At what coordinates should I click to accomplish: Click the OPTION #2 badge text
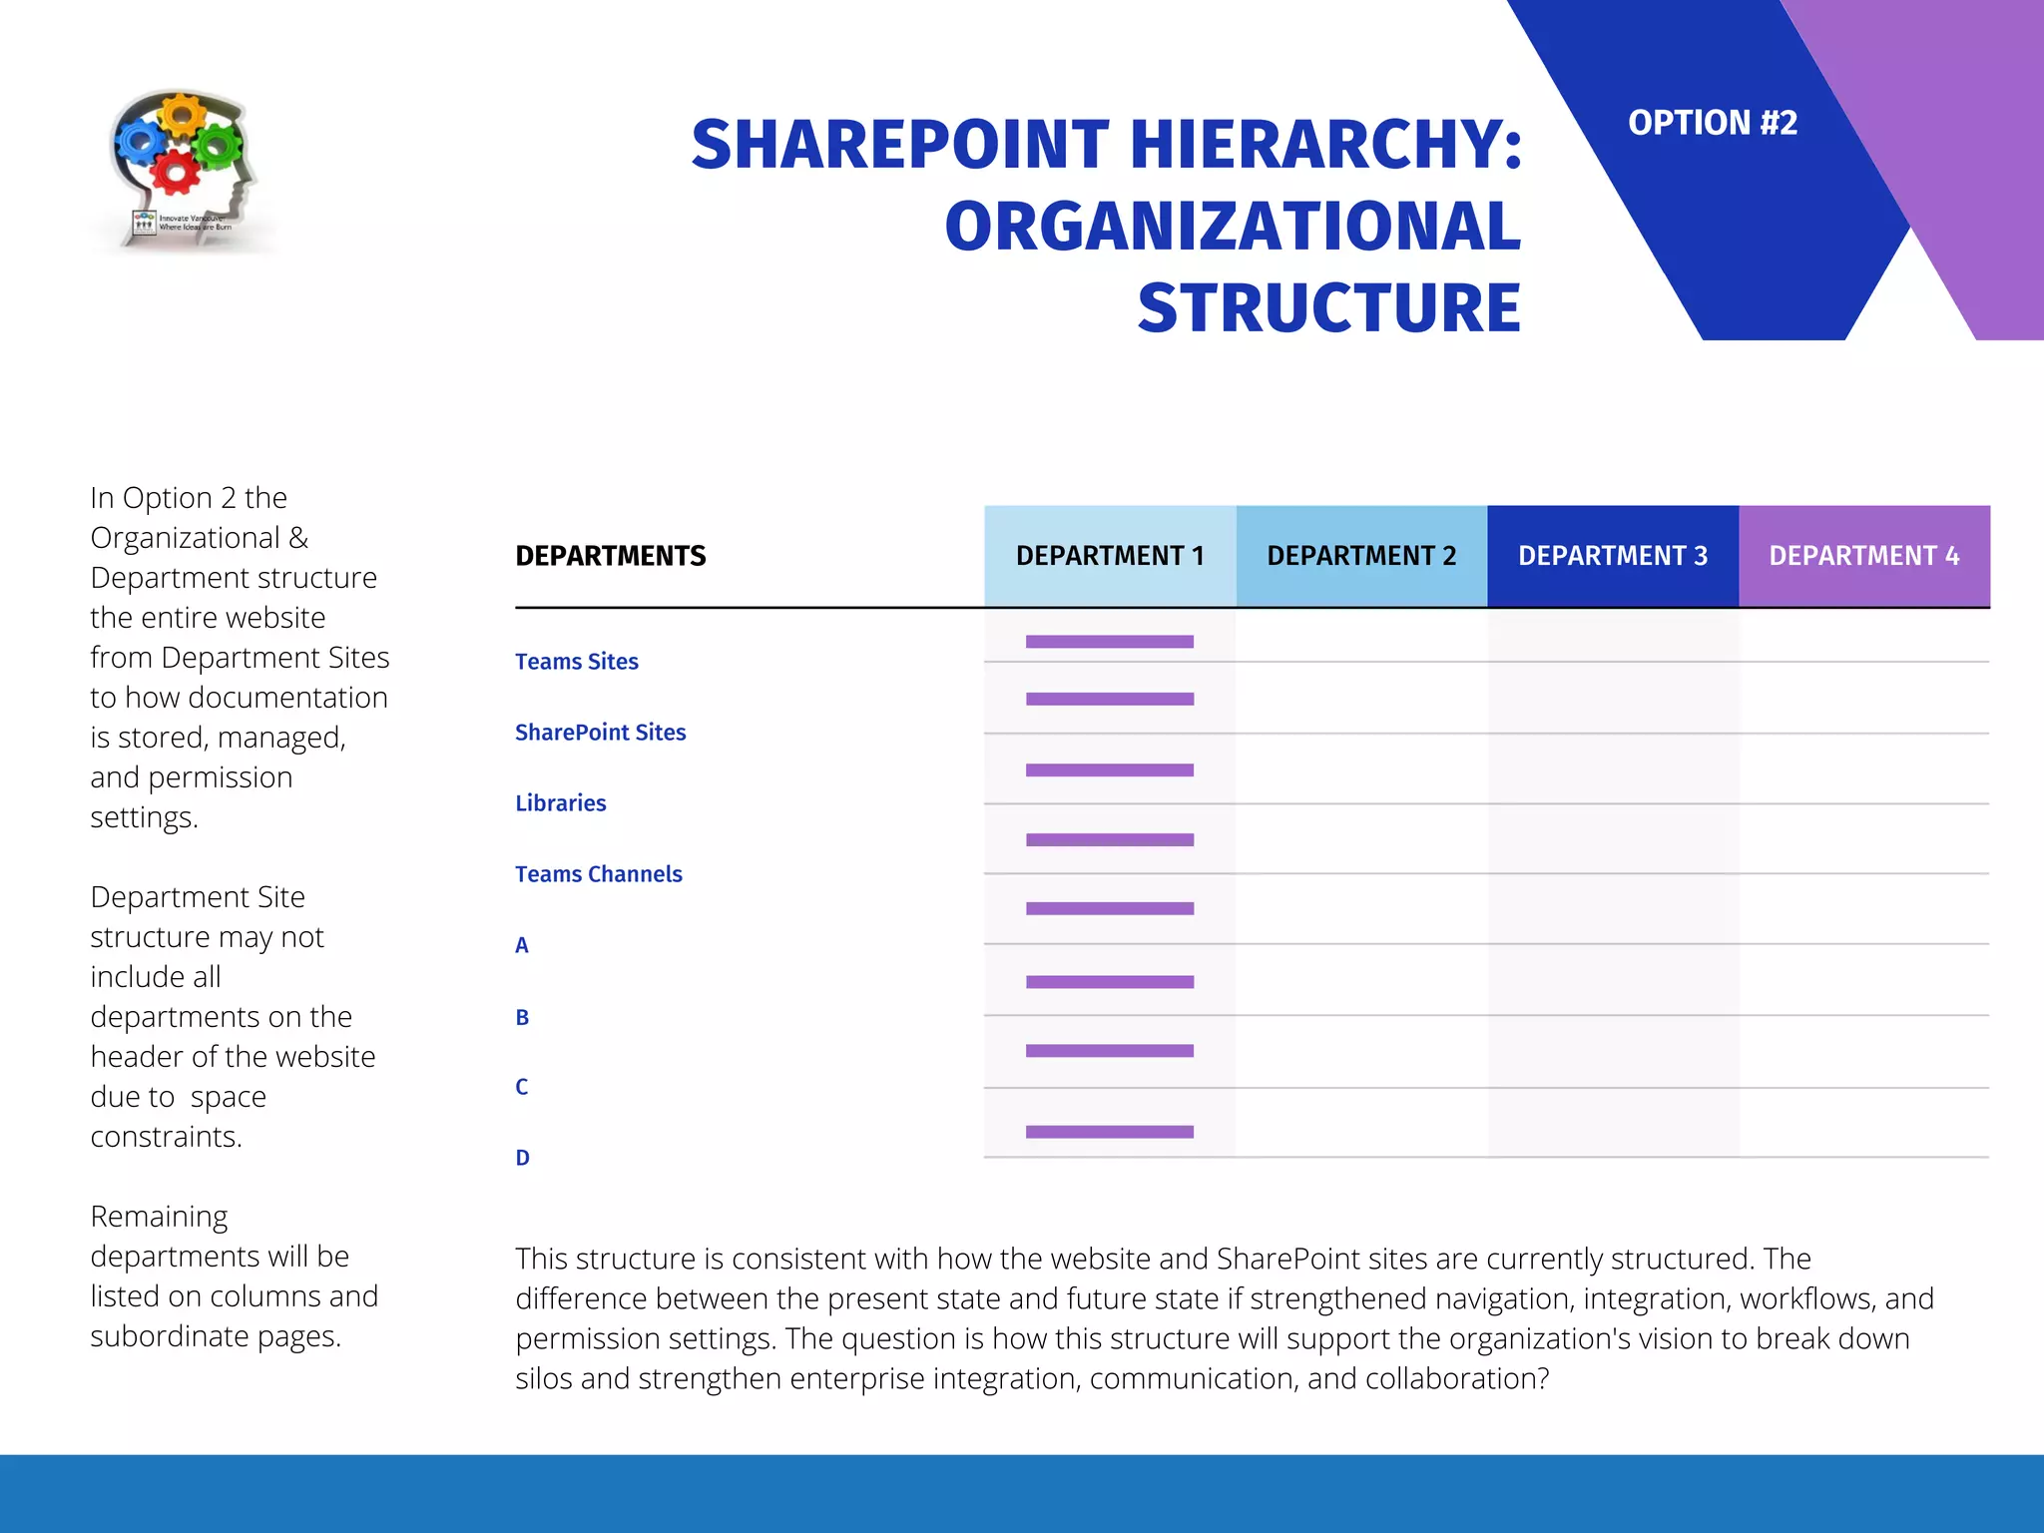tap(1712, 123)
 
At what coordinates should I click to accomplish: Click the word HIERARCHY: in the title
tap(1326, 145)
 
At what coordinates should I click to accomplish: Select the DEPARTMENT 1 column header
tap(1110, 556)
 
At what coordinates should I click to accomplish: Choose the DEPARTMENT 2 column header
tap(1361, 556)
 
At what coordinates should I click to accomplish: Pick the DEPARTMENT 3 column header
tap(1613, 556)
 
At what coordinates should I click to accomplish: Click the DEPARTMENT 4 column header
tap(1864, 556)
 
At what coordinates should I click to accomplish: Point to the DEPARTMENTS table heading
tap(611, 556)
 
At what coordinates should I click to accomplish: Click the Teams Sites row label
tap(577, 662)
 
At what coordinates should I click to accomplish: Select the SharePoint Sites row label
tap(601, 733)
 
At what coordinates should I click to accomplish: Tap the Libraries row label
tap(561, 803)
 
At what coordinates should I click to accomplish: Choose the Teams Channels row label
tap(599, 874)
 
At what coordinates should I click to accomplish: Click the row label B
tap(522, 1018)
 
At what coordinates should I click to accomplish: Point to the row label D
tap(522, 1158)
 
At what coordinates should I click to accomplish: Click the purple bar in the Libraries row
tap(1110, 769)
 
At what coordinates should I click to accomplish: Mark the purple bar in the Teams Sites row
tap(1110, 642)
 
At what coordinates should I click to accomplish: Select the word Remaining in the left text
tap(159, 1217)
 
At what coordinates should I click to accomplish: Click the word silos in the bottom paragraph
tap(544, 1378)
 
